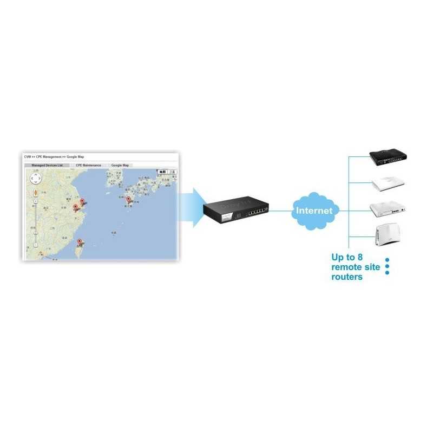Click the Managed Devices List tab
[47, 165]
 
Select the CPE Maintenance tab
[88, 165]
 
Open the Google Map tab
[120, 165]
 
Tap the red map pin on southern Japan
[128, 200]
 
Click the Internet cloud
[314, 210]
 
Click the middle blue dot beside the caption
[387, 266]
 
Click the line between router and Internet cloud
[280, 210]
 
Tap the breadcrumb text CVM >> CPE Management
[43, 156]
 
